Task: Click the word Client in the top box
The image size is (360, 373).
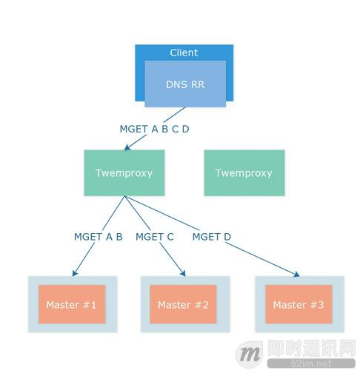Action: (x=184, y=53)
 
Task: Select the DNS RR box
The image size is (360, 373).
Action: (x=185, y=84)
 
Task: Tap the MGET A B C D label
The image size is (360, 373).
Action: (x=154, y=129)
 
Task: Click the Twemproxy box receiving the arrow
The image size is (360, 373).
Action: (x=124, y=173)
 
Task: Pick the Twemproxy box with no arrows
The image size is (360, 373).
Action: (x=244, y=173)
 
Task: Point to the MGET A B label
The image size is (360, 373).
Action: (x=99, y=237)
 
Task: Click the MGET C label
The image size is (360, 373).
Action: (x=155, y=237)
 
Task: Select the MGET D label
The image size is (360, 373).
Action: (x=212, y=237)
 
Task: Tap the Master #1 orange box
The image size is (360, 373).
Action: (x=72, y=304)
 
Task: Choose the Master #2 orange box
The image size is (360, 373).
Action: (x=183, y=304)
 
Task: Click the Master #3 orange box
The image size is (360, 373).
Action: (x=299, y=304)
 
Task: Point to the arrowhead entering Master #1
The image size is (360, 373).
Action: (x=75, y=273)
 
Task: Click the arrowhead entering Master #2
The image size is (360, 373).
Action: (x=183, y=273)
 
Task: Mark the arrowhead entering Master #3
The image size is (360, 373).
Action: (x=296, y=275)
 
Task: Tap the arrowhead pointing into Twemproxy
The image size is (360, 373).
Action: (x=127, y=147)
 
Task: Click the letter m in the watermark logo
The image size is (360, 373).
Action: (x=250, y=354)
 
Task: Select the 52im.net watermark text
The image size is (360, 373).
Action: (x=311, y=363)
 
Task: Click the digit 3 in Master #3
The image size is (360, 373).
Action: (x=321, y=305)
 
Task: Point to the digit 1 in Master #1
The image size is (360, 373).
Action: (x=93, y=305)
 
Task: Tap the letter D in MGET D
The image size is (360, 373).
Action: (x=227, y=237)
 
